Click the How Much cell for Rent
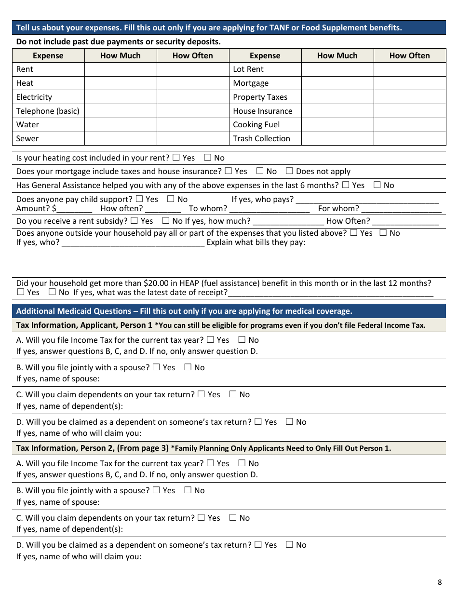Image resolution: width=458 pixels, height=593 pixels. click(121, 69)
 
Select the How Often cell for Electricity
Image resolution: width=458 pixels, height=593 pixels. click(193, 97)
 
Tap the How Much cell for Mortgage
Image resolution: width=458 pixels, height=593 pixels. click(337, 83)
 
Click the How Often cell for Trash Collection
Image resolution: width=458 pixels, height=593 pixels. click(410, 138)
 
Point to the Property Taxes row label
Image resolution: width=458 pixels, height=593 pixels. click(260, 97)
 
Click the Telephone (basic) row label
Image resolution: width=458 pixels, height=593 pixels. click(48, 111)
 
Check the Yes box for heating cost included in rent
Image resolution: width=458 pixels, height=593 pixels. click(176, 158)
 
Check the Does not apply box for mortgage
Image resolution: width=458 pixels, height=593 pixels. click(289, 171)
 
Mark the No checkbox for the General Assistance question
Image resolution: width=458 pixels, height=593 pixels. click(377, 185)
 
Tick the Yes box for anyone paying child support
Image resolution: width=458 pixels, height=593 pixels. click(139, 199)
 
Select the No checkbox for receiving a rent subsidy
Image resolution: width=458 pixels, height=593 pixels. click(165, 221)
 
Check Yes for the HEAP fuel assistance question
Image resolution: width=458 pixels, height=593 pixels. click(21, 292)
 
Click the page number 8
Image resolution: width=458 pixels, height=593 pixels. click(439, 582)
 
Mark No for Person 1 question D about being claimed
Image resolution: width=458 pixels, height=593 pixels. click(289, 422)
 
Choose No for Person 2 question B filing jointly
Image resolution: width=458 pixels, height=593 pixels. click(188, 490)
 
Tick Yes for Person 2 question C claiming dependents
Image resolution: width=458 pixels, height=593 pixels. click(201, 518)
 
